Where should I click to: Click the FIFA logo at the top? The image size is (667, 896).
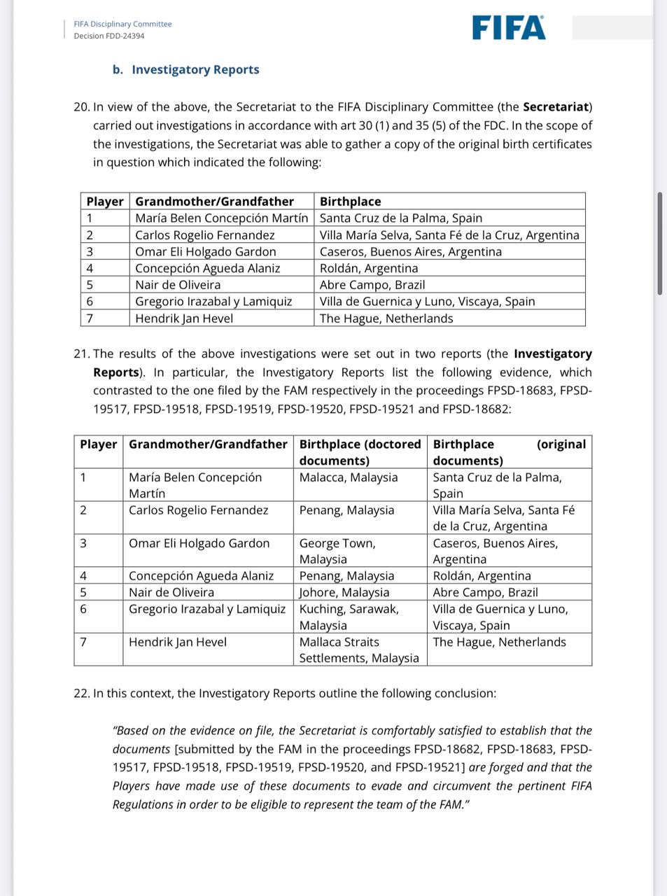[509, 28]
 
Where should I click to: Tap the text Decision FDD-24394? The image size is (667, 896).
[109, 36]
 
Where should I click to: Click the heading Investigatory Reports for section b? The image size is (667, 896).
[195, 69]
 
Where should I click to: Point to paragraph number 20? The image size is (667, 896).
[81, 107]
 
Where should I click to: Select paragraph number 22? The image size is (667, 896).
[81, 693]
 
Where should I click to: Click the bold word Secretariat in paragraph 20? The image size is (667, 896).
[556, 107]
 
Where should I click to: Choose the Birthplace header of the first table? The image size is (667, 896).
[350, 202]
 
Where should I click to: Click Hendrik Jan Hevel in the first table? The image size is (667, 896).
[184, 318]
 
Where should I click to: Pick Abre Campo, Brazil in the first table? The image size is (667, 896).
[372, 285]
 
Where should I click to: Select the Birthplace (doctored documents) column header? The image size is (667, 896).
[360, 452]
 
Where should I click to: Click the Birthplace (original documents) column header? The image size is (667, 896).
[509, 452]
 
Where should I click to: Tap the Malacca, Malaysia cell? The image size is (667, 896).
[348, 477]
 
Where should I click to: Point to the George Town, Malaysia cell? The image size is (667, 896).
[337, 551]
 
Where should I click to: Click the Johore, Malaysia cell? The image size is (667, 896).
[344, 592]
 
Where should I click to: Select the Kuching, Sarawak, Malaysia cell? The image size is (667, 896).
[349, 617]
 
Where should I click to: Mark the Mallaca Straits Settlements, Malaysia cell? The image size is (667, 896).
[358, 650]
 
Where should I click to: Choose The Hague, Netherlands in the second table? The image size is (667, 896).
[499, 642]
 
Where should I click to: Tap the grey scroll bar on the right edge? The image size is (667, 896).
[659, 243]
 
